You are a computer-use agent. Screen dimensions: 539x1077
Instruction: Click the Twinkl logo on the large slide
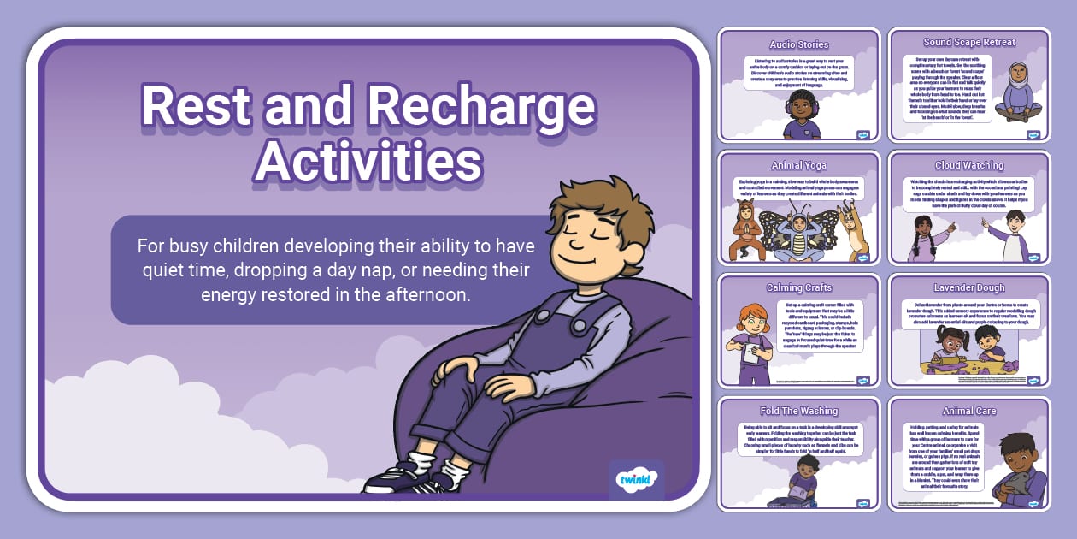635,479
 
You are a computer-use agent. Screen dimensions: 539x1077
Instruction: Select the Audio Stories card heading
798,44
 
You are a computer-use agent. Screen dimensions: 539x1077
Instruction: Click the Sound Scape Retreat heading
969,42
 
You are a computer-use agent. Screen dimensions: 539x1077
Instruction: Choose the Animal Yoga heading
798,166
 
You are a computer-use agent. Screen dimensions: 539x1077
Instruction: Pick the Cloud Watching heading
969,165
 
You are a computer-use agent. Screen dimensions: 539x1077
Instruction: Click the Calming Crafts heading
798,287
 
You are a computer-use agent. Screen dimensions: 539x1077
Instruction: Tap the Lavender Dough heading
969,288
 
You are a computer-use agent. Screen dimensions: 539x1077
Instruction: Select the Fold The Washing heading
798,411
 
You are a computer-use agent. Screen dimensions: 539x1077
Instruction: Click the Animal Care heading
969,411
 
